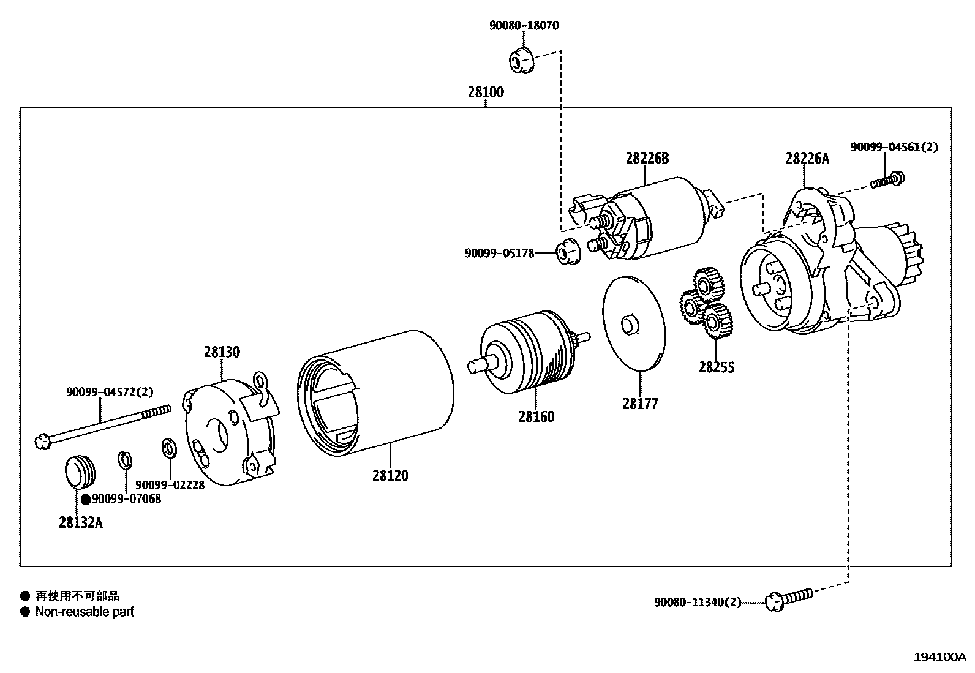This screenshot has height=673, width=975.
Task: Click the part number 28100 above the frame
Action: click(486, 92)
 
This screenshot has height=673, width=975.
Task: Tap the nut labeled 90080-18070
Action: click(521, 60)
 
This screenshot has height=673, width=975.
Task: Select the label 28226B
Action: click(647, 159)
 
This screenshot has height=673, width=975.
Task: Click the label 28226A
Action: click(807, 159)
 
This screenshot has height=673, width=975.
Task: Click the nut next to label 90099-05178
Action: click(566, 252)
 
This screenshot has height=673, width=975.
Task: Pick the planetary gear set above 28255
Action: click(707, 303)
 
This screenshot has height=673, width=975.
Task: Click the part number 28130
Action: click(222, 352)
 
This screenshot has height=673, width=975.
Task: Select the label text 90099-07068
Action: click(127, 499)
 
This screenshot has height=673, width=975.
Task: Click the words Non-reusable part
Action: click(85, 611)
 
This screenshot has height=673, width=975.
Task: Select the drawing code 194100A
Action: click(939, 657)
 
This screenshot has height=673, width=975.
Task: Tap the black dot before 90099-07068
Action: click(86, 500)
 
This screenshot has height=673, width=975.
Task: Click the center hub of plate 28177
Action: click(628, 324)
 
